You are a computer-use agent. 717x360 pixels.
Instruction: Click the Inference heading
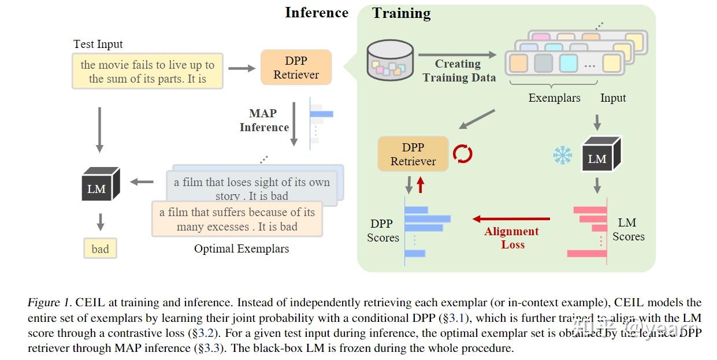coord(316,13)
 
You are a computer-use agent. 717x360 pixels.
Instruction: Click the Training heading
coord(401,13)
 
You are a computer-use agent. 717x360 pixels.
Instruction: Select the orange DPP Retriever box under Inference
coord(296,68)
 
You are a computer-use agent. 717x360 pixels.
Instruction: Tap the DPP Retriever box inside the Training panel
coord(413,154)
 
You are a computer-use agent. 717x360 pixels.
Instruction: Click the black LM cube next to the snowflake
coord(600,155)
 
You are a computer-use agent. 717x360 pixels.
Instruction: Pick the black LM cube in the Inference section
coord(99,184)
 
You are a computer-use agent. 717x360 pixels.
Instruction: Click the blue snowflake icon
coord(562,155)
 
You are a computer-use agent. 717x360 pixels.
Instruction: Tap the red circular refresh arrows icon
coord(463,154)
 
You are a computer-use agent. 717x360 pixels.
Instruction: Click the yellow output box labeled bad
coord(100,248)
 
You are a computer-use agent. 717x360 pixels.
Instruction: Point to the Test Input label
coord(98,44)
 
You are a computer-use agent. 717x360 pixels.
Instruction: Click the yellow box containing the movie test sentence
coord(147,72)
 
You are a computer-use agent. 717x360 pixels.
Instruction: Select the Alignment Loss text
coord(511,237)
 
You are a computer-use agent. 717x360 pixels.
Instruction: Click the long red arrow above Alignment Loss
coord(511,219)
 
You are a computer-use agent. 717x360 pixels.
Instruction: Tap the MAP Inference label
coord(263,120)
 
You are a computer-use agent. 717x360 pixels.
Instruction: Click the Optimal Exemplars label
coord(242,249)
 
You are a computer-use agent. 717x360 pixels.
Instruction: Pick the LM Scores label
coord(628,229)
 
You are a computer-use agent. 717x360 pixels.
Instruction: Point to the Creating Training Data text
coord(459,70)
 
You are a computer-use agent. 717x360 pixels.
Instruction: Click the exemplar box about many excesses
coord(237,220)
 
